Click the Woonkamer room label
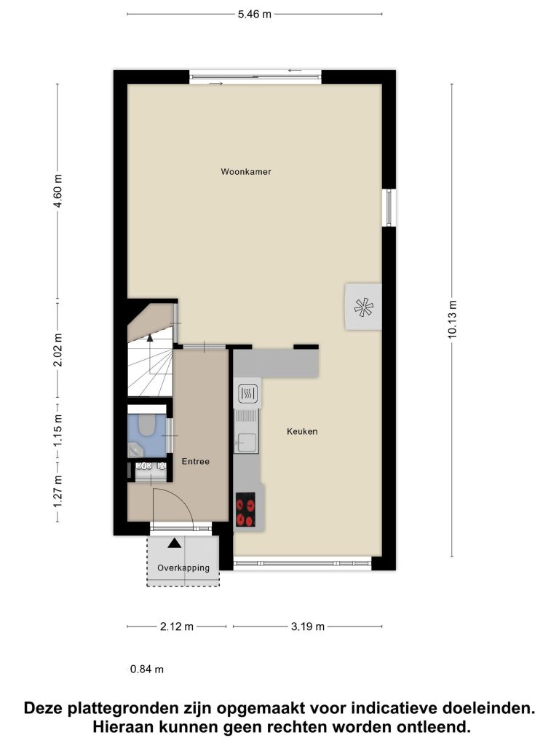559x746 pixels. (x=246, y=172)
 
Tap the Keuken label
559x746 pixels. (x=302, y=431)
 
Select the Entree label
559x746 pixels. (x=195, y=461)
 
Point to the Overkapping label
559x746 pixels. (x=183, y=568)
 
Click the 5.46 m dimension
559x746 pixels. (x=255, y=15)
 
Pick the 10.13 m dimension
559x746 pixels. (x=452, y=320)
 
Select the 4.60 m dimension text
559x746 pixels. (x=58, y=191)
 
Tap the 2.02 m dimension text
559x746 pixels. (x=58, y=350)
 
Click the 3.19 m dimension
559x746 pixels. (x=308, y=627)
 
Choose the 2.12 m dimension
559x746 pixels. (x=177, y=627)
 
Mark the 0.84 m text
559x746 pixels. (x=147, y=670)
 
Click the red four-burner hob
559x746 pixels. (x=246, y=509)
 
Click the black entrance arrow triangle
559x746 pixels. (x=175, y=543)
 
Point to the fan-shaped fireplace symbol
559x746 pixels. (x=364, y=307)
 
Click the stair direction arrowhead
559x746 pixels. (x=150, y=338)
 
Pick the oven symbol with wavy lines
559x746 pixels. (x=247, y=393)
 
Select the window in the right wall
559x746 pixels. (x=389, y=208)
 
